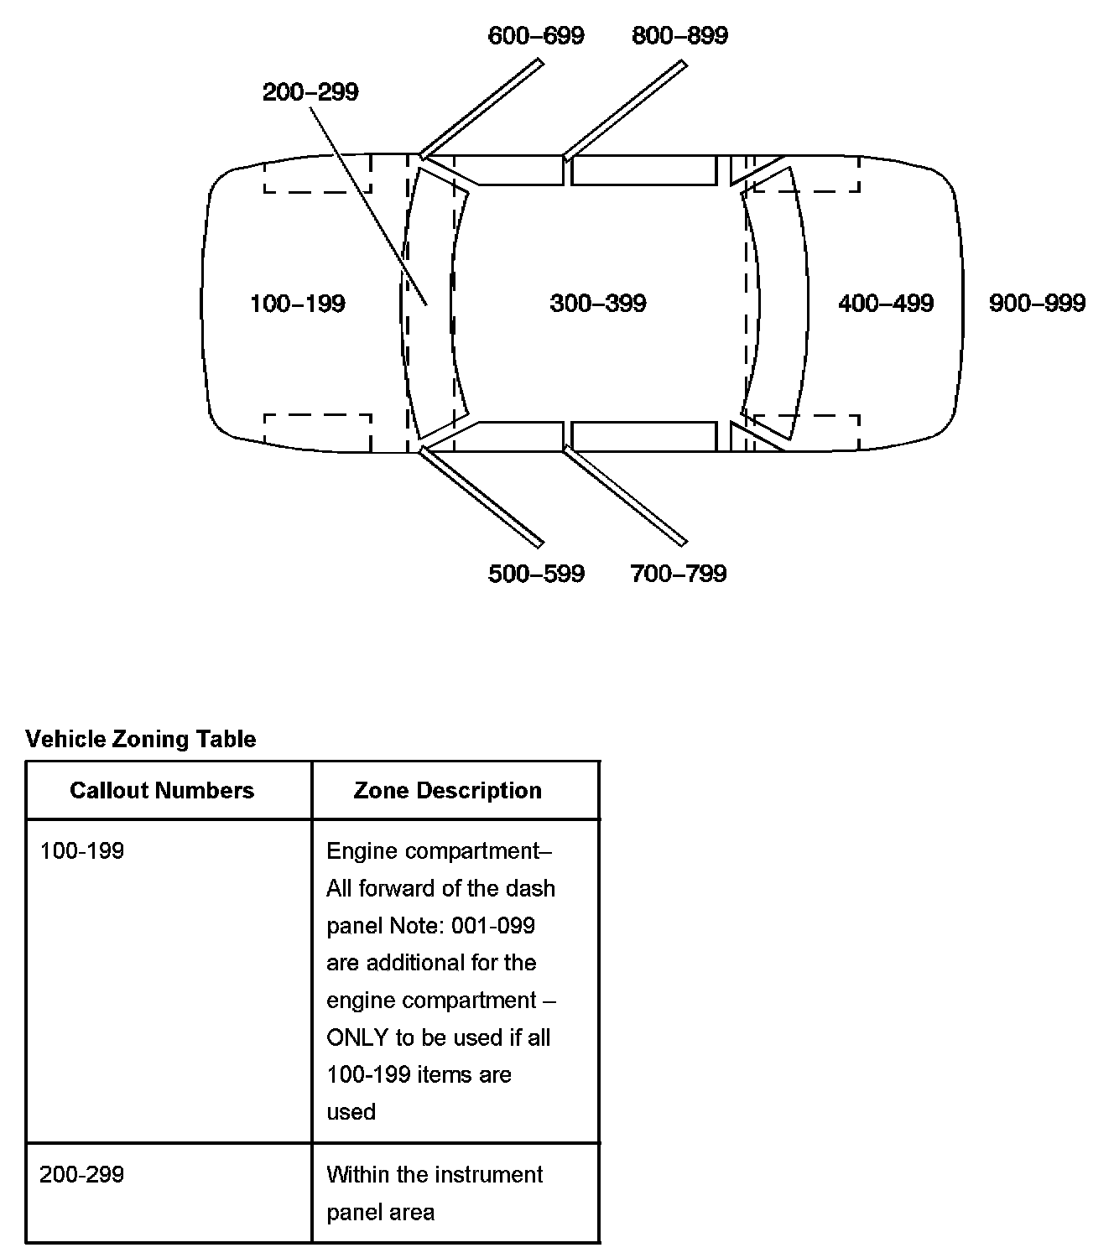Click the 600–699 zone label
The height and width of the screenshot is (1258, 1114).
click(536, 36)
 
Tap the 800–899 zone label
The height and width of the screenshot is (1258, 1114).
click(679, 36)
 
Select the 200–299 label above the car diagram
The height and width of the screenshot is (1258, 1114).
click(310, 92)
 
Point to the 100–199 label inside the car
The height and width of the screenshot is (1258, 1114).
click(298, 304)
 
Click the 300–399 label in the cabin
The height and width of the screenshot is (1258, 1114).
click(598, 304)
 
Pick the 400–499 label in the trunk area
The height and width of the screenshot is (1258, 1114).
click(886, 304)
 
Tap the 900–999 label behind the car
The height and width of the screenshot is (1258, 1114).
click(1037, 304)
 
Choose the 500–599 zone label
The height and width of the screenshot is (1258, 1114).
click(536, 574)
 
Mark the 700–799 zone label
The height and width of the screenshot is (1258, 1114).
click(679, 574)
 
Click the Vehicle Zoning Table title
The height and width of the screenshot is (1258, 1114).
click(141, 739)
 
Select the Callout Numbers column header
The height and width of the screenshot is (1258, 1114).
click(162, 791)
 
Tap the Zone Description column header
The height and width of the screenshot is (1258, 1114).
click(447, 791)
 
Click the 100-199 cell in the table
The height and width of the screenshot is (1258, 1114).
click(82, 851)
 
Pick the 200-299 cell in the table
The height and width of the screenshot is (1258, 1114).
click(82, 1174)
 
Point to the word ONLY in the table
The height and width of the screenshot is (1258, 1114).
click(357, 1038)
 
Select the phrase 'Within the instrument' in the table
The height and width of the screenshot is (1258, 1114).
click(435, 1174)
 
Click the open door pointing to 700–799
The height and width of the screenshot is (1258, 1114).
click(625, 496)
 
